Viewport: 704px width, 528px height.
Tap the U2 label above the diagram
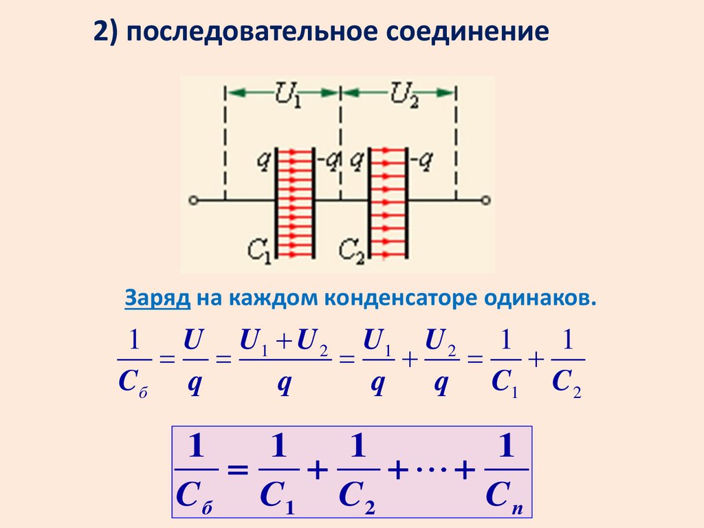398,91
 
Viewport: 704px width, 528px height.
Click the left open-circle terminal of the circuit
194,201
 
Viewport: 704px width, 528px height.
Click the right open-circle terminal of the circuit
485,201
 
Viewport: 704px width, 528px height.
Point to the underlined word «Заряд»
157,298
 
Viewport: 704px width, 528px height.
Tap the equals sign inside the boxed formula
236,472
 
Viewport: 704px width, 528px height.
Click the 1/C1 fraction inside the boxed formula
278,474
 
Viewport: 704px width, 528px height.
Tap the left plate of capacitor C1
276,205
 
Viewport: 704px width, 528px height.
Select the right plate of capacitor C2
407,205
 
